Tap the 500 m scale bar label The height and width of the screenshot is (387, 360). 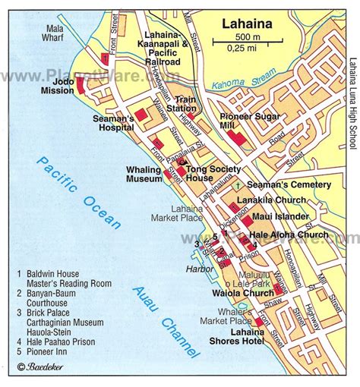(x=245, y=37)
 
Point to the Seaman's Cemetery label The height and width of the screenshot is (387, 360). (x=290, y=184)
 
